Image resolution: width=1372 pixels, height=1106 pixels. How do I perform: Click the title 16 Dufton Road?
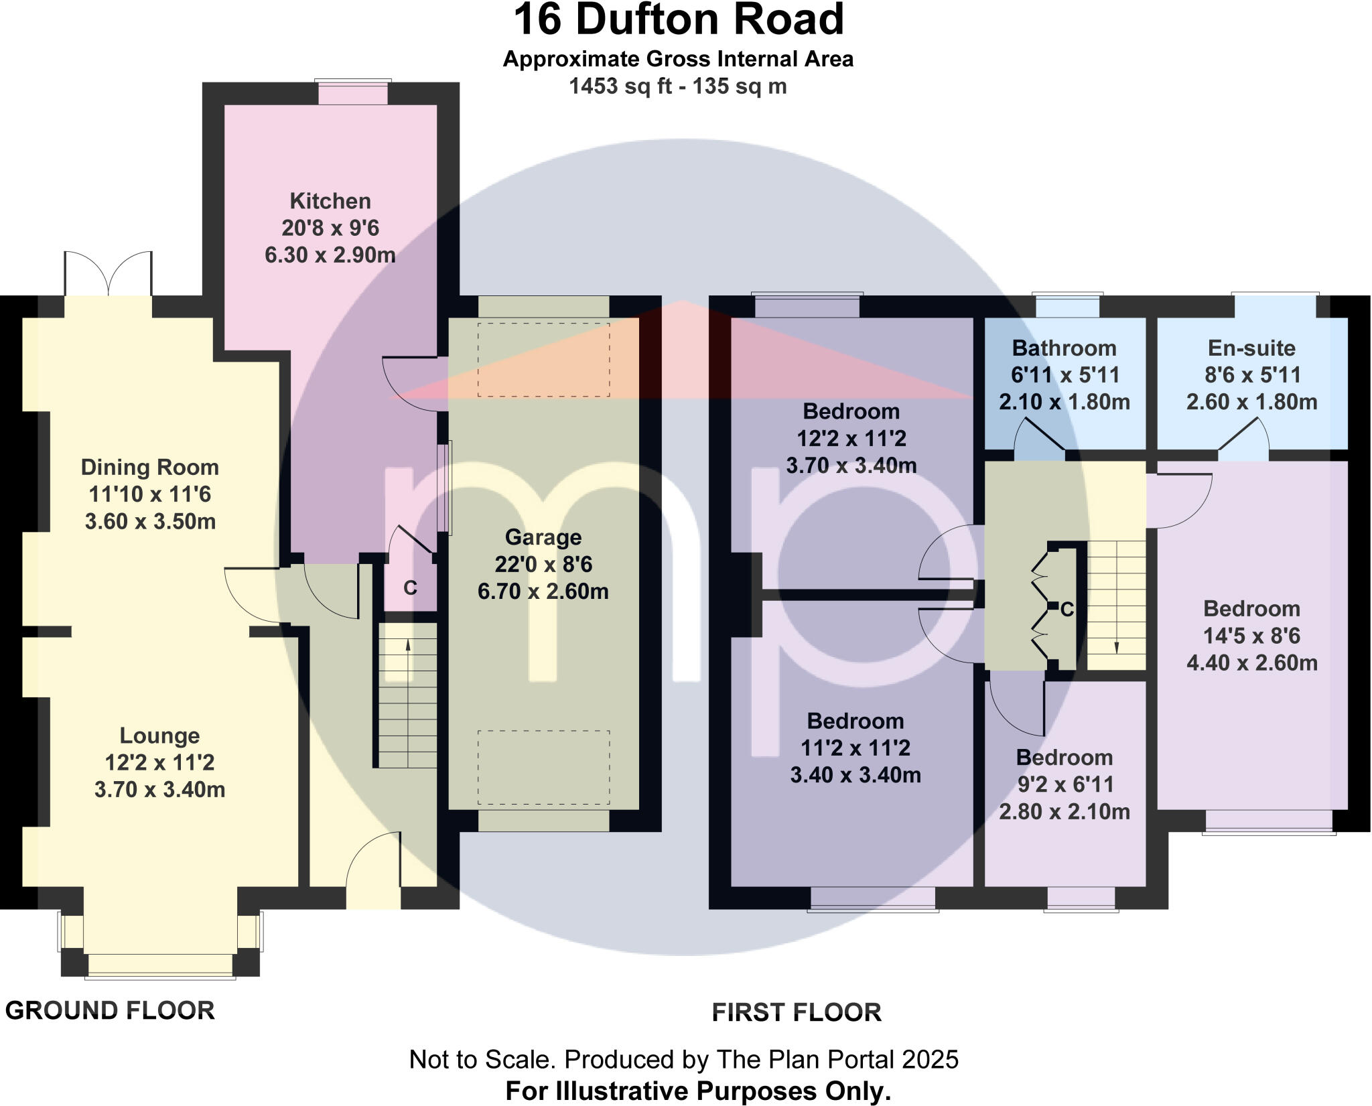[678, 20]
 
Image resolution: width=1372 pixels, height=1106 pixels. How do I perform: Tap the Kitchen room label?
[330, 201]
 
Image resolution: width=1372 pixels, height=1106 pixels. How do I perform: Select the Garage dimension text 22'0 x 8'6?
[543, 565]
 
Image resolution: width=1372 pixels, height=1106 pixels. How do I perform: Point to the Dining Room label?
[150, 467]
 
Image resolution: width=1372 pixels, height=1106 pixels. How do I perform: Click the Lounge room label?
[159, 736]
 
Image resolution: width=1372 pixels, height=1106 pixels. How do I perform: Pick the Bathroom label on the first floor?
[1064, 348]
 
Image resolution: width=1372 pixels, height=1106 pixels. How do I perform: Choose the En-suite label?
[1251, 348]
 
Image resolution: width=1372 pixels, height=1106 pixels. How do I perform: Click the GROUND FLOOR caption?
[110, 1010]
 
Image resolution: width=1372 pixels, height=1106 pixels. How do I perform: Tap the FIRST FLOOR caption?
[797, 1012]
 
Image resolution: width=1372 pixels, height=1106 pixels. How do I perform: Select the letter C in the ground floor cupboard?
[410, 588]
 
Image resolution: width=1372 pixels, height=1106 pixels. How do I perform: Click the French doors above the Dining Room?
[109, 275]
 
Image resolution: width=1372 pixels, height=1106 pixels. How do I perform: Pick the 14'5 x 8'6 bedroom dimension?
[1251, 636]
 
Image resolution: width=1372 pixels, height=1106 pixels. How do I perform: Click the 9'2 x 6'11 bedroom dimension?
[1065, 784]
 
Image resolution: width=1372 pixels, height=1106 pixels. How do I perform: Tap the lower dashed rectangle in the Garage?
[543, 767]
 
